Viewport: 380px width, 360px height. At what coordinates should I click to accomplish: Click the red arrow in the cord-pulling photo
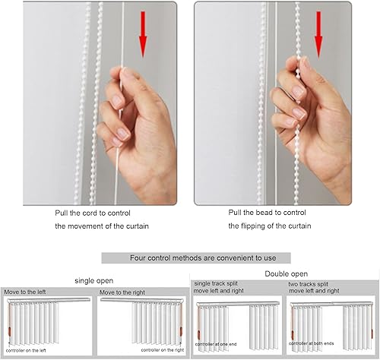coord(143,34)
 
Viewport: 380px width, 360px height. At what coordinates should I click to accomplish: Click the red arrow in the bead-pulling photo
coord(318,34)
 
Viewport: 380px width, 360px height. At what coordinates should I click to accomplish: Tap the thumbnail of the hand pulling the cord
coord(100,103)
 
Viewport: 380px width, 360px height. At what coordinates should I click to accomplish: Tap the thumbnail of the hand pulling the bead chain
coord(273,103)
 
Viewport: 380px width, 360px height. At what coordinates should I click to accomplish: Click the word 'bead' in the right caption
coord(264,213)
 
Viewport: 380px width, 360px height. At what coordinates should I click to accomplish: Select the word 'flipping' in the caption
coord(256,226)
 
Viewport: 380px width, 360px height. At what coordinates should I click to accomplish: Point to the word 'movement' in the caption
coord(84,226)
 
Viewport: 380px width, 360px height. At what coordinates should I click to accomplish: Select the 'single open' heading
coord(94,281)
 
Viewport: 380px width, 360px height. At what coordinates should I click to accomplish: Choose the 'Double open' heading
coord(287,273)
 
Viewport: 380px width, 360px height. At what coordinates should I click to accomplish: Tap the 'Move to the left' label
coord(25,292)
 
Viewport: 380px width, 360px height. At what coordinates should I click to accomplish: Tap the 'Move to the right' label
coord(122,292)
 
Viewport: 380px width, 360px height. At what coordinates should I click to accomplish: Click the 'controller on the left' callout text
coord(26,351)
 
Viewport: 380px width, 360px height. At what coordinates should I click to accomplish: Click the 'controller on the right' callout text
coord(163,350)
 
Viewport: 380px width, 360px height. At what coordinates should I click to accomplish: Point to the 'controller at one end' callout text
coord(216,344)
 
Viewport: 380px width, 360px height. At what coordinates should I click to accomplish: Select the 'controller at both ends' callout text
coord(312,343)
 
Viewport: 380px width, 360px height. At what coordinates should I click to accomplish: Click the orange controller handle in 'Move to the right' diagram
coord(181,331)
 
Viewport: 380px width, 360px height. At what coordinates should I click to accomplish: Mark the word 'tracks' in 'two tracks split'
coord(307,284)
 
